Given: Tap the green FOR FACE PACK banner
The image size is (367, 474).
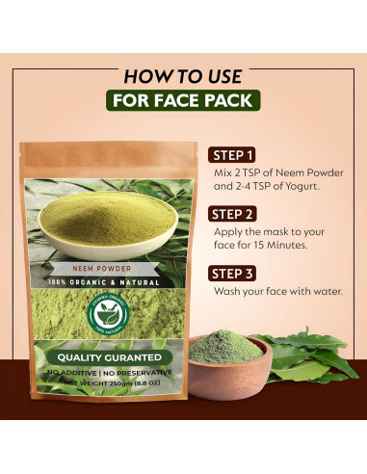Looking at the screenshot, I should (183, 101).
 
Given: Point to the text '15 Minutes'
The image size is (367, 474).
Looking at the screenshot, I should (277, 246).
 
